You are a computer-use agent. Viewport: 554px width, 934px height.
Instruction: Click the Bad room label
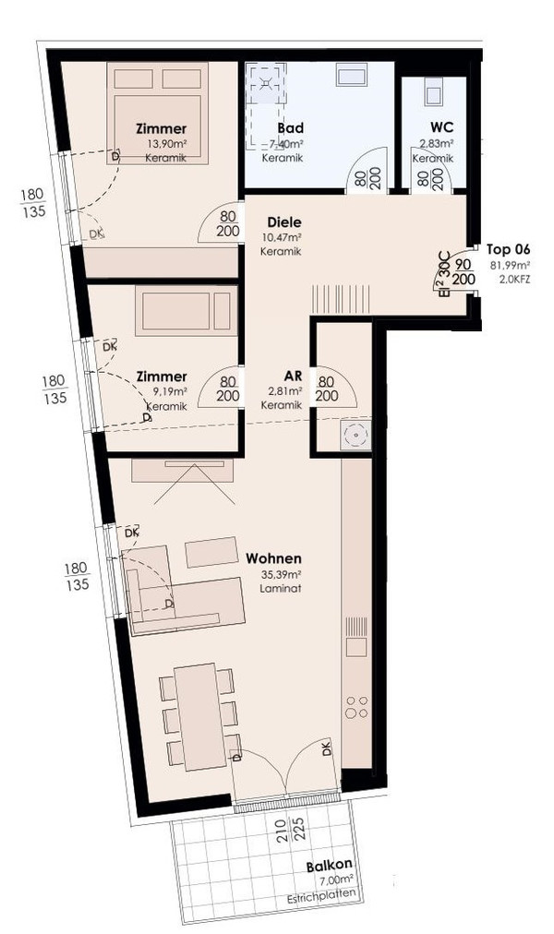[x=290, y=127]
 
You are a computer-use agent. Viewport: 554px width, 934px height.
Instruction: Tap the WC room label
[x=441, y=126]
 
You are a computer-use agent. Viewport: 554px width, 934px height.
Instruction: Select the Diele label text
[x=284, y=222]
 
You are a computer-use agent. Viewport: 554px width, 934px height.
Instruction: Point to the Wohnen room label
[x=273, y=558]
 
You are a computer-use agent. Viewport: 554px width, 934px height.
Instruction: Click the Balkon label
[x=329, y=866]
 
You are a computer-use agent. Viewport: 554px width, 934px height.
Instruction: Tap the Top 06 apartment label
[x=508, y=249]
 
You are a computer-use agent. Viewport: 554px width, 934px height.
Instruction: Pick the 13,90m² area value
[x=166, y=144]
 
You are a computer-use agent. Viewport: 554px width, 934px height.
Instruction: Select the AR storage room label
[x=293, y=376]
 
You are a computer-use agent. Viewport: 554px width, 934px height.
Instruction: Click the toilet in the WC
[x=432, y=91]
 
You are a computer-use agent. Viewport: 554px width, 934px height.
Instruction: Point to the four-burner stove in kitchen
[x=356, y=706]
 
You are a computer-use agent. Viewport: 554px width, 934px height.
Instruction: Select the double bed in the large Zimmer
[x=157, y=114]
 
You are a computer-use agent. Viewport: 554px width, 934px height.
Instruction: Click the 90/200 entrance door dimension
[x=465, y=271]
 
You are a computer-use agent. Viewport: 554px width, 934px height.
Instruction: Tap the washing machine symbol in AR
[x=355, y=436]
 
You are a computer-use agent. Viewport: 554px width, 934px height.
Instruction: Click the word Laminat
[x=281, y=588]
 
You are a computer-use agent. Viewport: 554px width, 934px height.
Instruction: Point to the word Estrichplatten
[x=323, y=893]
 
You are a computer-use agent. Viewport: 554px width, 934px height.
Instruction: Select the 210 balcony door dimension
[x=283, y=829]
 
